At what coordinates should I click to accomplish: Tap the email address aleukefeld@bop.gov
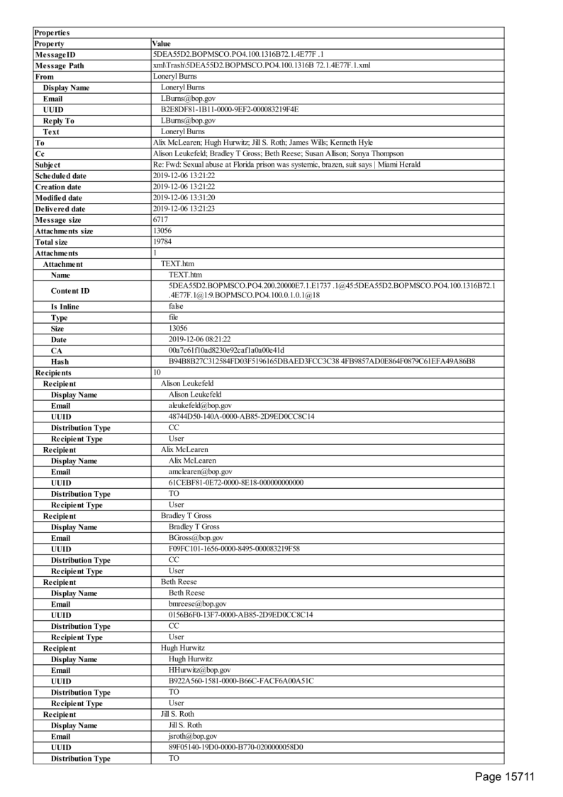(x=195, y=405)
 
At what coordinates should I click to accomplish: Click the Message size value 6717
(x=160, y=220)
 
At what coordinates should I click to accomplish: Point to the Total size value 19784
(x=162, y=242)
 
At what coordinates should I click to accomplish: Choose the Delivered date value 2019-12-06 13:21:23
(x=184, y=209)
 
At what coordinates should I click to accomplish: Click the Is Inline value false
(x=176, y=307)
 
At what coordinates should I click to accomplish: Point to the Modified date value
(x=184, y=198)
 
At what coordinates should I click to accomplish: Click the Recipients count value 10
(x=157, y=372)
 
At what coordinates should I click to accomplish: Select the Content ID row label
(x=70, y=291)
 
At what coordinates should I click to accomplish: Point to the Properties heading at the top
(x=52, y=33)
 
